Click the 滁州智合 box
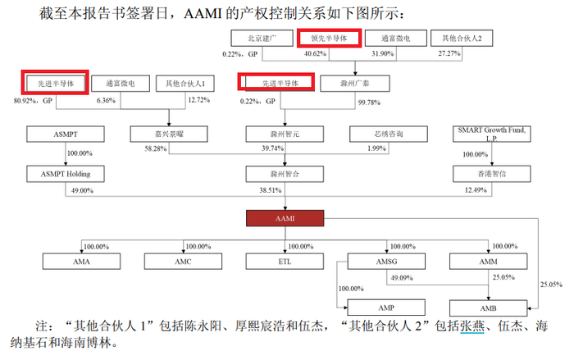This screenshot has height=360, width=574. [281, 174]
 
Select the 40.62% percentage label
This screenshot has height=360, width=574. [315, 54]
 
